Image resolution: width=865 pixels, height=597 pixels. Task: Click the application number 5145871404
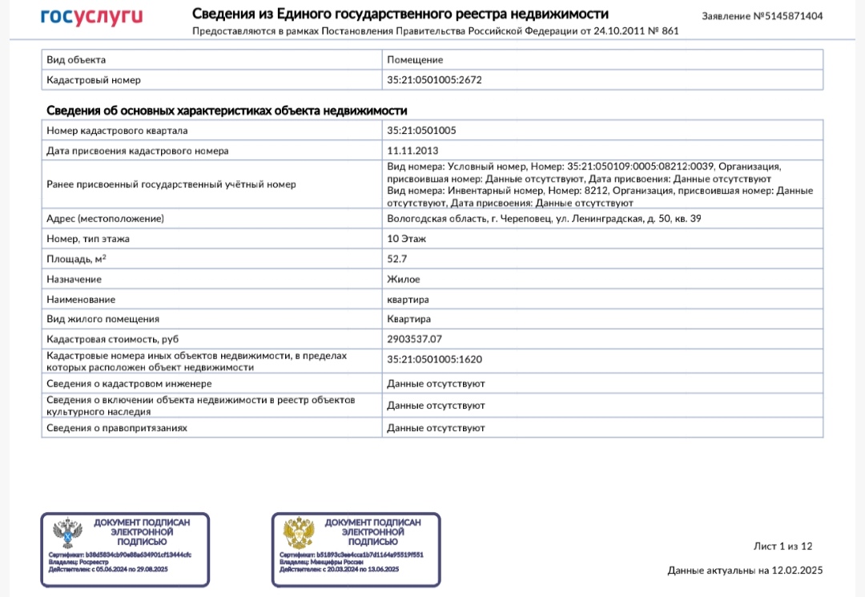click(793, 16)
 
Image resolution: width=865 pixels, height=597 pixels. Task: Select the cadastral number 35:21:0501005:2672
click(434, 80)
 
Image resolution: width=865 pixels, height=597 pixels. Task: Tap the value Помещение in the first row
click(415, 60)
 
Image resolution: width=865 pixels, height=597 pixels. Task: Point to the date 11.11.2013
click(412, 151)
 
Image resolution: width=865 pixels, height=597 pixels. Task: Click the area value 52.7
click(397, 259)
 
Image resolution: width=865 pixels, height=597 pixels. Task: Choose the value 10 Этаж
click(407, 239)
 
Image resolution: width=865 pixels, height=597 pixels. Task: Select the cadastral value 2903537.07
click(414, 339)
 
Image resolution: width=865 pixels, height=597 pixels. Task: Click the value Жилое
click(403, 280)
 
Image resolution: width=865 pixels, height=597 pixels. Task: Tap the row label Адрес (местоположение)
click(105, 219)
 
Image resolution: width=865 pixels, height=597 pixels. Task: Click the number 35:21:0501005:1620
click(434, 360)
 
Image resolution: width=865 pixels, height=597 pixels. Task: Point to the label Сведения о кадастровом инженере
click(129, 384)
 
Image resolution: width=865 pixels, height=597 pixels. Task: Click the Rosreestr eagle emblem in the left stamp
click(66, 533)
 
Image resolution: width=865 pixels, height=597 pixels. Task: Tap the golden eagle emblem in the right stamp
click(298, 533)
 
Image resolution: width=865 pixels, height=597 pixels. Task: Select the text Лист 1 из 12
click(783, 547)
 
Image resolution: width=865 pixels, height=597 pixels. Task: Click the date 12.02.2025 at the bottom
click(797, 571)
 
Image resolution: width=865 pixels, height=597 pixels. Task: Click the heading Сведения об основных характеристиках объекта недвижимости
click(231, 111)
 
